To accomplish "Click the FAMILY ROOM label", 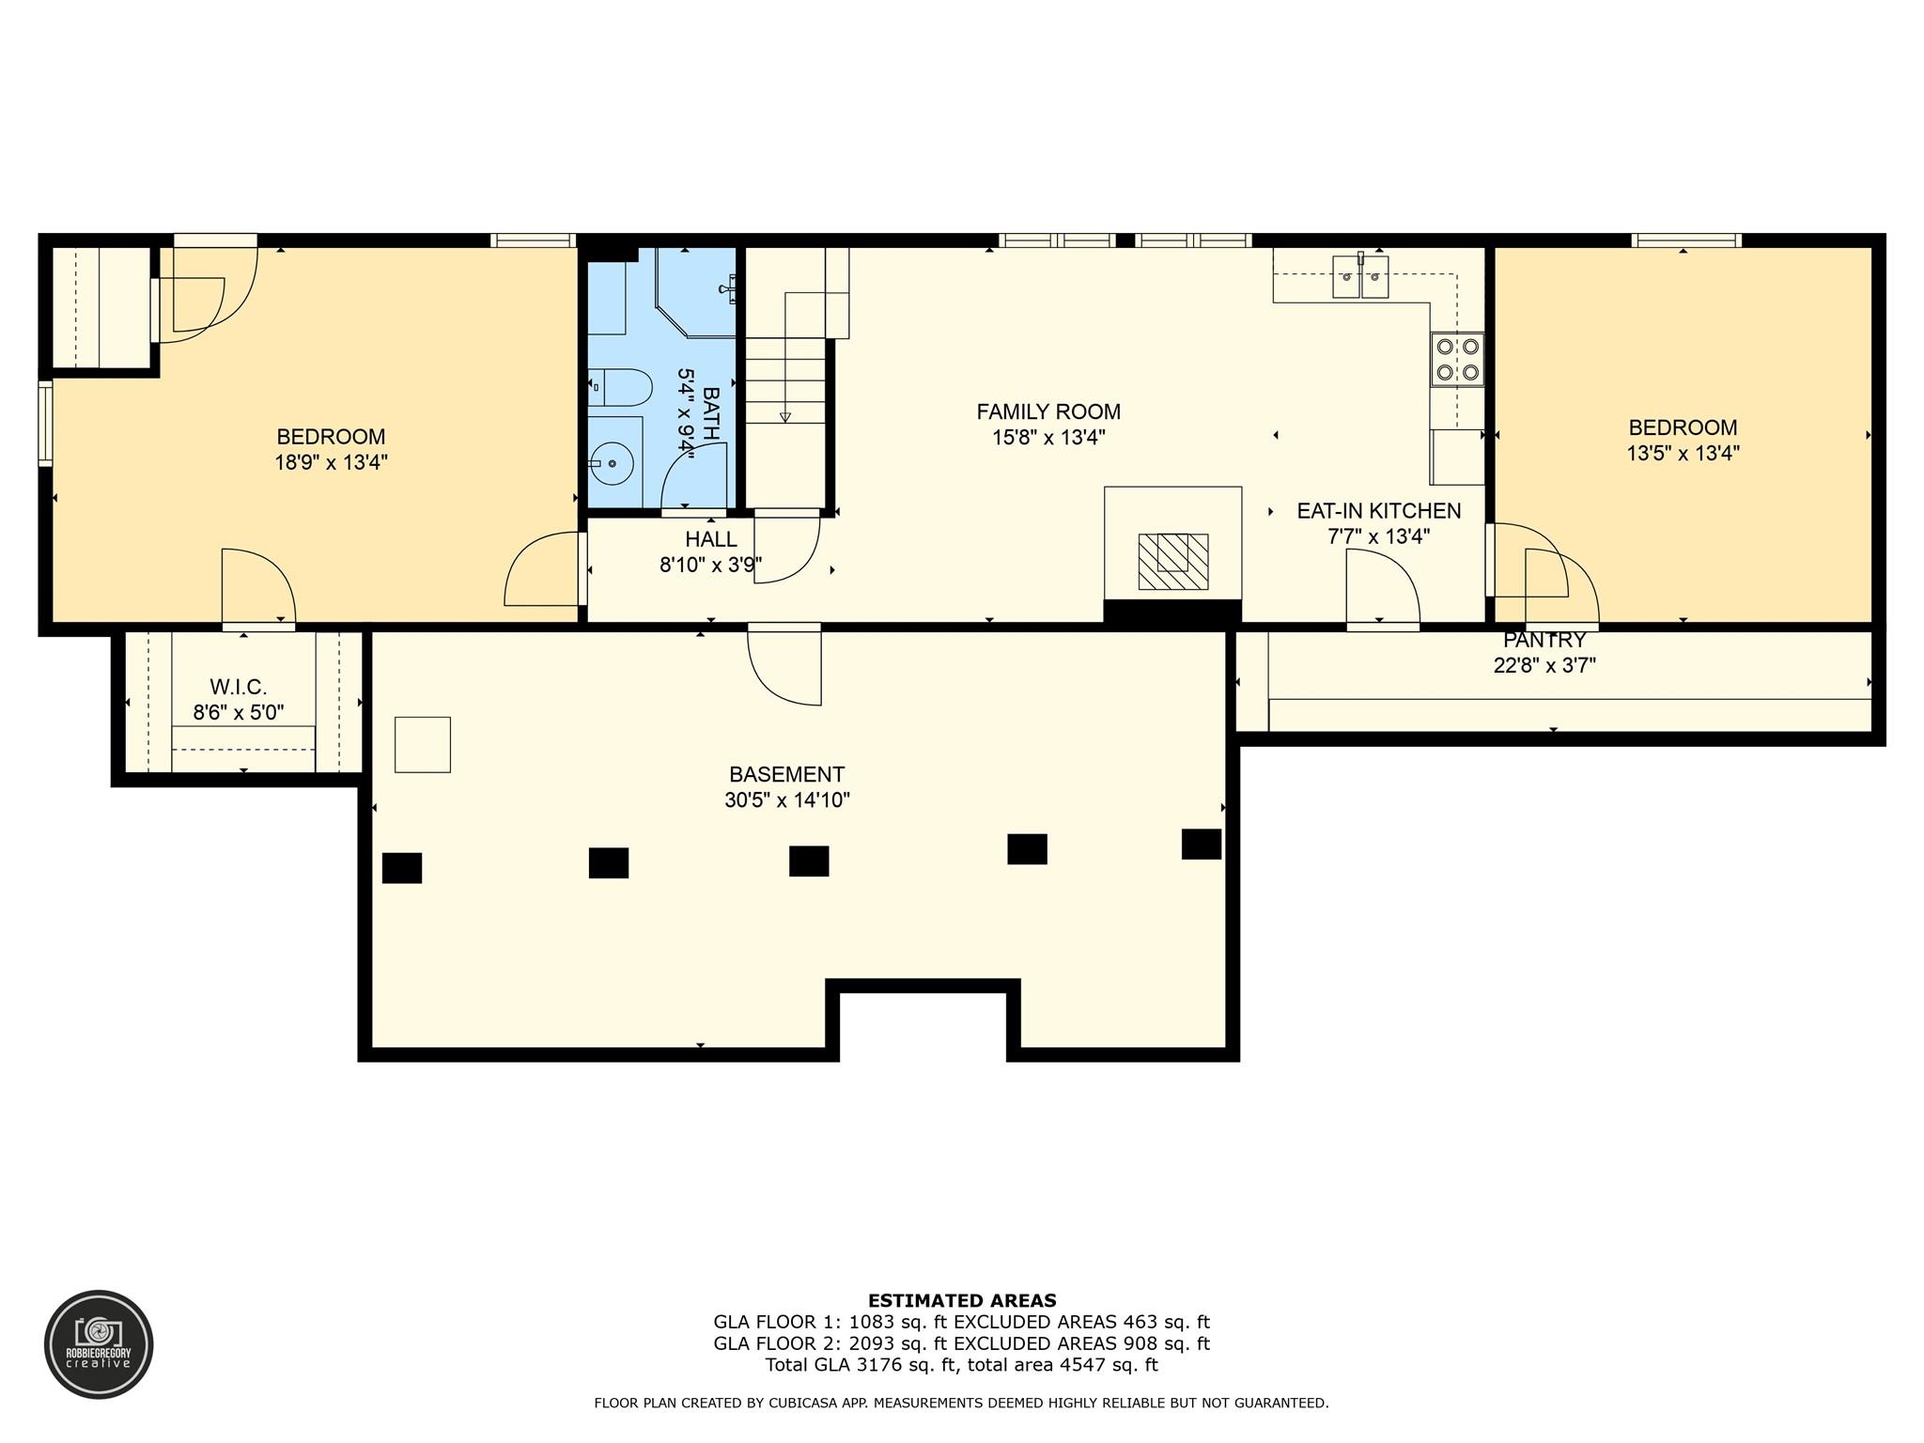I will pos(1048,411).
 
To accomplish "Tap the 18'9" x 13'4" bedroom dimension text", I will pos(331,462).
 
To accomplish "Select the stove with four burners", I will pos(1457,360).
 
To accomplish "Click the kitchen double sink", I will pos(1360,277).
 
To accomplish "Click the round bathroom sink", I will pos(613,463).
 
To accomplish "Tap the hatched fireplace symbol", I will pos(1172,561).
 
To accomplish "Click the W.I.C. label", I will pos(238,687).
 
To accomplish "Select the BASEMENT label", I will pos(786,774).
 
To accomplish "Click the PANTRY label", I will pos(1544,641).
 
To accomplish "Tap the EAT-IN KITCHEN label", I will pos(1378,511).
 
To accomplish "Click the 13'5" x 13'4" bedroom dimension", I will pos(1683,453).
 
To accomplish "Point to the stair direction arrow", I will pos(785,416).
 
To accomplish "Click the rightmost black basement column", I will pos(1201,844).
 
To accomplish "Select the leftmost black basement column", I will pos(402,867).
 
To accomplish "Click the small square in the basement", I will pos(422,744).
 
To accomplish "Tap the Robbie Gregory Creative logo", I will pos(99,1343).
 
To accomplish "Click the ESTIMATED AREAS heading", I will pos(961,1300).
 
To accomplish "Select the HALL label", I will pos(710,539).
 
